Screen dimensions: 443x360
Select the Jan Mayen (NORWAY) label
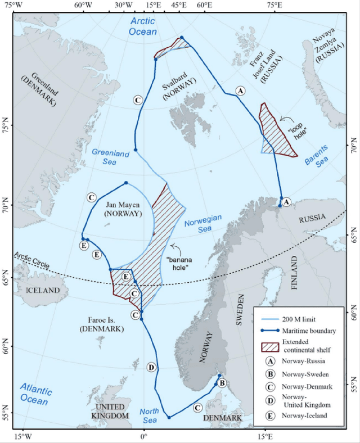[x=122, y=210]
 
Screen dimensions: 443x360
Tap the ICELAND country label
[x=43, y=290]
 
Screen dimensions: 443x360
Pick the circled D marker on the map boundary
[x=151, y=368]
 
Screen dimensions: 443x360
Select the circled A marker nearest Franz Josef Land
[x=240, y=91]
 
